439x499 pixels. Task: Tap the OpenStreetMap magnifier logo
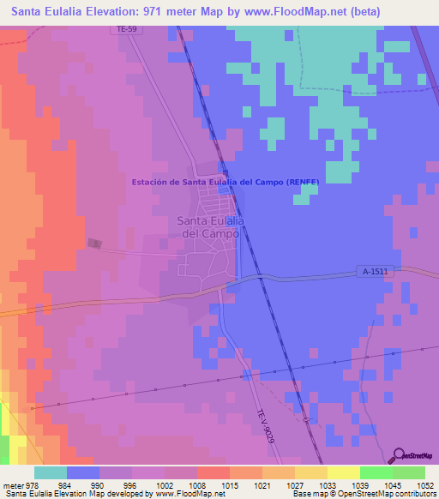[398, 456]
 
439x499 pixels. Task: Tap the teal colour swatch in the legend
[51, 472]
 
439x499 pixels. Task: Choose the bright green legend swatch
[376, 472]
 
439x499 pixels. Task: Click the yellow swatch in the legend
[344, 472]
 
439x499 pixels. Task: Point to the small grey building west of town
[93, 244]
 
